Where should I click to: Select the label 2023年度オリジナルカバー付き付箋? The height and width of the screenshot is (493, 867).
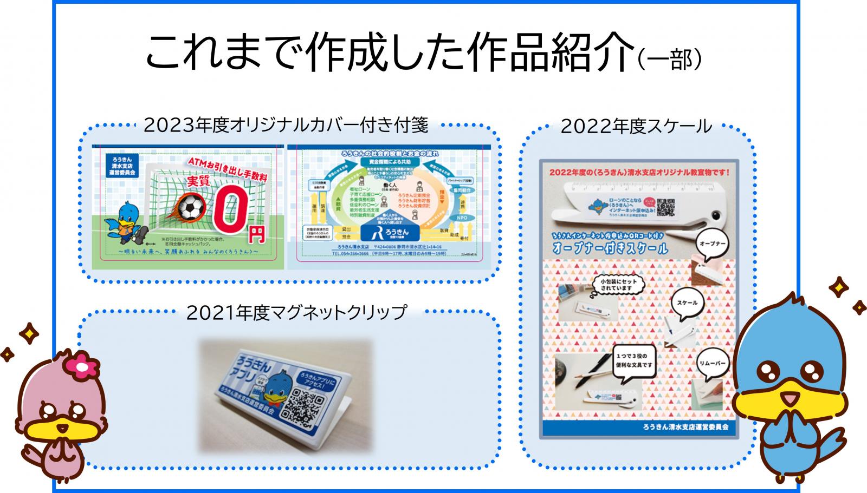pos(286,126)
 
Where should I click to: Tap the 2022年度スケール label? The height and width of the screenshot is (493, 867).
pos(636,126)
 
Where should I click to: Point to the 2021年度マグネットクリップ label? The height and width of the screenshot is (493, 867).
pos(296,312)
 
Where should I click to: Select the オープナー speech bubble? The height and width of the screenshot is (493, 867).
pos(713,244)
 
